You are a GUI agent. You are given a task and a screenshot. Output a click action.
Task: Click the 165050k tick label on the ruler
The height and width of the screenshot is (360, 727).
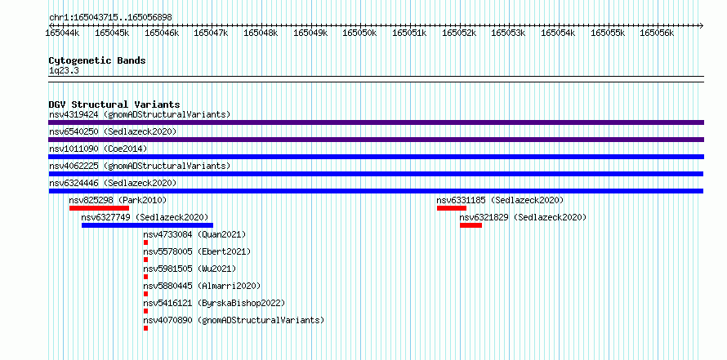point(359,33)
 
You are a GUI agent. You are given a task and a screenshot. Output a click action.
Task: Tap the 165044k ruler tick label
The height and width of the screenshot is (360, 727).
point(63,33)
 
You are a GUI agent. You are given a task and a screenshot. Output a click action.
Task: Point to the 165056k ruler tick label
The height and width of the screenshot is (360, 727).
point(657,33)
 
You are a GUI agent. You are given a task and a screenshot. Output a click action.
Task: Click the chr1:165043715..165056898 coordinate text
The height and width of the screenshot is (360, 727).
point(111,18)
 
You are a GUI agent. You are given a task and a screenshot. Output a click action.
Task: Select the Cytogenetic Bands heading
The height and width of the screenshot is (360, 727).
point(97,60)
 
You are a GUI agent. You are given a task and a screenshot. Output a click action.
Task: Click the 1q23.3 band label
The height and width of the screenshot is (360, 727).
point(64,70)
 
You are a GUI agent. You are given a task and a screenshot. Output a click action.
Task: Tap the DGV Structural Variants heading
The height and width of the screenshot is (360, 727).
point(114,104)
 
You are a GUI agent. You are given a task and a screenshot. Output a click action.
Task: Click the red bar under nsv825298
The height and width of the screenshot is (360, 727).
point(99,208)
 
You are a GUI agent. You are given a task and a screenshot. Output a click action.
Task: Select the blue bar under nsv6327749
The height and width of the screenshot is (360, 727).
point(147,225)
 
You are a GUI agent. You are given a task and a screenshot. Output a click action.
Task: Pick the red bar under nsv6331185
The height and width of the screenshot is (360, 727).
point(452,208)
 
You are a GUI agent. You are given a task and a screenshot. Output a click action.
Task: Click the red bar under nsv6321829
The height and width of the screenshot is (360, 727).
point(471,225)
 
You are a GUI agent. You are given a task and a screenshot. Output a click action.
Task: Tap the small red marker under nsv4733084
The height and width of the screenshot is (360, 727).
point(145,242)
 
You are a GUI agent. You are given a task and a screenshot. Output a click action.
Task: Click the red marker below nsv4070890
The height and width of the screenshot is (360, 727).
point(145,328)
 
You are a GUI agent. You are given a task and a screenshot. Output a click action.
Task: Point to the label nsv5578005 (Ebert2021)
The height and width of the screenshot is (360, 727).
point(197,251)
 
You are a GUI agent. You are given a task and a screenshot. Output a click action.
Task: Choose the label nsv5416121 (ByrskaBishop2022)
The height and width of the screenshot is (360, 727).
point(214,303)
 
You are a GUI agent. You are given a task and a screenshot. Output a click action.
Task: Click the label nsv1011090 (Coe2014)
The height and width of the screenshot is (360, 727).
point(98,149)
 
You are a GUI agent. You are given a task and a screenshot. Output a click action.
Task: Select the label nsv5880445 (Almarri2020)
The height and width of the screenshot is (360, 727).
point(202,286)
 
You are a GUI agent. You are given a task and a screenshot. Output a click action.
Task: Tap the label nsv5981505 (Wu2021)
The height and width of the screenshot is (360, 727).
point(190,269)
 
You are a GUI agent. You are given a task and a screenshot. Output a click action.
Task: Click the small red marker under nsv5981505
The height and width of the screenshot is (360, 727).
point(145,277)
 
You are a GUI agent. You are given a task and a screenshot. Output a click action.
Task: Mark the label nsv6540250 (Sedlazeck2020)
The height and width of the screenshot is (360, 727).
point(113,131)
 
